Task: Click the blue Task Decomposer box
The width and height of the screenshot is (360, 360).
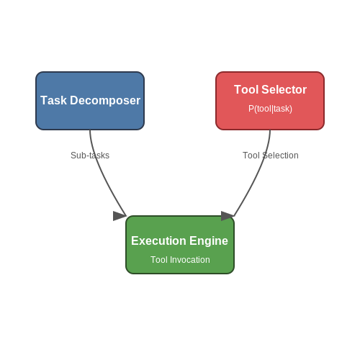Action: tap(90, 101)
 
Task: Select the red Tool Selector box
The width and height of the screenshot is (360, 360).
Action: tap(270, 101)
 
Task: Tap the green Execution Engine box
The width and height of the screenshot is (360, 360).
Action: tap(180, 245)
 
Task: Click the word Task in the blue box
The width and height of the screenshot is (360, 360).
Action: tap(53, 100)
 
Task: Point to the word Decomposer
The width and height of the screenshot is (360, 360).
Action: tap(105, 101)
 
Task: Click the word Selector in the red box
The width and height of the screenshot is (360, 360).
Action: tap(284, 90)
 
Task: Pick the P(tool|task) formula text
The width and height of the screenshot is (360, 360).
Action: tap(270, 109)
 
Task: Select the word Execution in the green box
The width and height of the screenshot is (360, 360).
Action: tap(159, 240)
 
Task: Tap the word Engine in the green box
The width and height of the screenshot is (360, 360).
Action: tap(209, 241)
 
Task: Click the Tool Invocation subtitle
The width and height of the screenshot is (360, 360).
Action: tap(180, 260)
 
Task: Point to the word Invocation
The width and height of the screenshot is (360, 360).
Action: tap(190, 260)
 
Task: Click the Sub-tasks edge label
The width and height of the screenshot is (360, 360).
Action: tap(90, 156)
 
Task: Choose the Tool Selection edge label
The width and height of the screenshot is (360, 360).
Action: tap(271, 156)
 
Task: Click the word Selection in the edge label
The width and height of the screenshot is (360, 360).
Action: tap(280, 156)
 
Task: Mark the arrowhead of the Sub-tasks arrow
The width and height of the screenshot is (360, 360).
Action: tap(120, 216)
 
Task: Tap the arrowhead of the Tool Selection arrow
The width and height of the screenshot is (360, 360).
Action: tap(228, 216)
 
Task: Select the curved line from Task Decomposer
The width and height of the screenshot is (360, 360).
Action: tap(101, 174)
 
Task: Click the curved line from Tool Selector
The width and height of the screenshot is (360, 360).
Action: tap(259, 174)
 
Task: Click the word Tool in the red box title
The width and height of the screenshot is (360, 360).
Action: tap(246, 90)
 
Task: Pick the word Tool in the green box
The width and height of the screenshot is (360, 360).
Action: tap(159, 260)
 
